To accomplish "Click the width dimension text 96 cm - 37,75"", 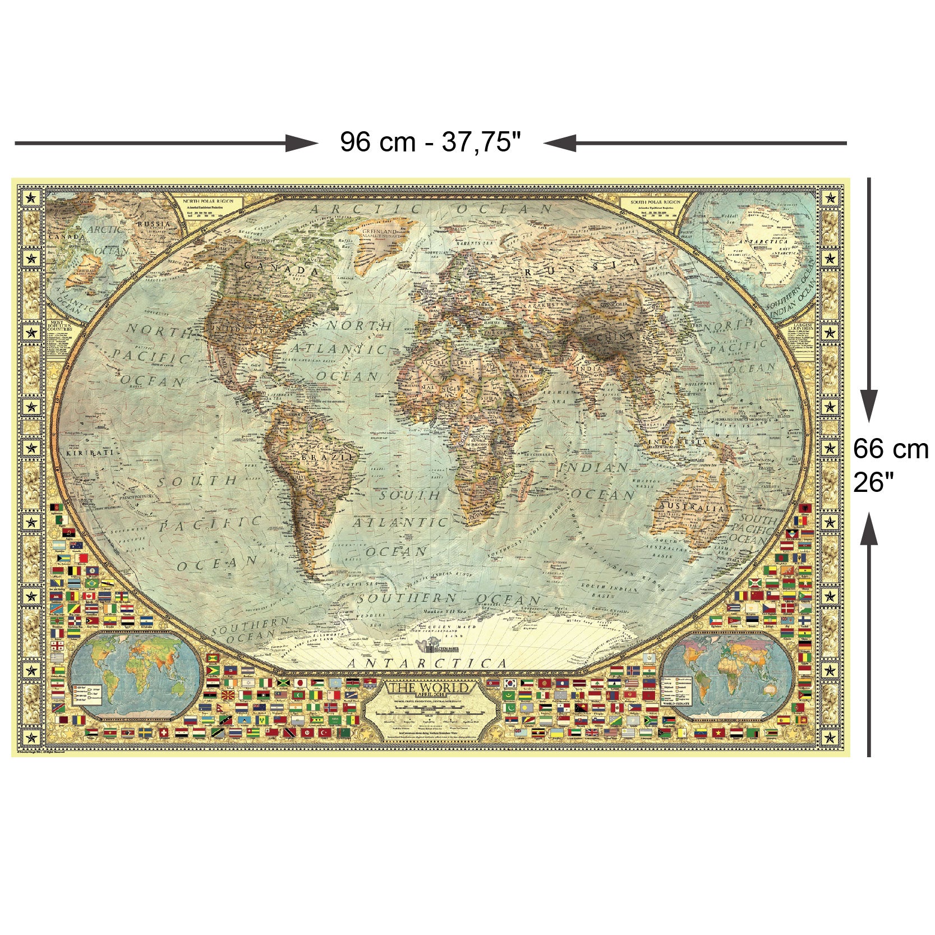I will click(431, 142).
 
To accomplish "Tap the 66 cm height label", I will click(891, 449).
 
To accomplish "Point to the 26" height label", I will click(874, 482).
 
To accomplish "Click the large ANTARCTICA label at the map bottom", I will click(428, 664).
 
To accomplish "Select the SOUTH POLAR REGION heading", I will click(655, 201).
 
